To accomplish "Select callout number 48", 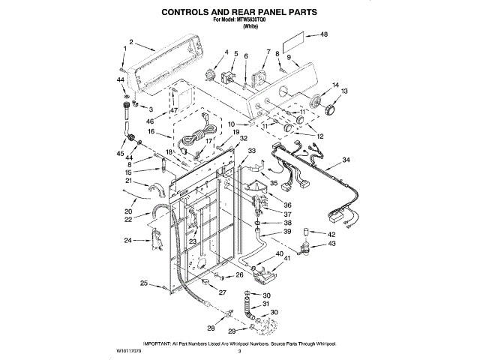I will point(324,34).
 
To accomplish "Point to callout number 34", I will point(346,160).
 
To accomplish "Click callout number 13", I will point(345,91).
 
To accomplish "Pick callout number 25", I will point(143,283).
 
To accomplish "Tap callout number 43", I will point(331,244).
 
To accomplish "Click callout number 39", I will point(287,232).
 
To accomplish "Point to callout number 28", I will point(210,328).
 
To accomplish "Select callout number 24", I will point(127,241).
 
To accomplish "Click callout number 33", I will point(251,151).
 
